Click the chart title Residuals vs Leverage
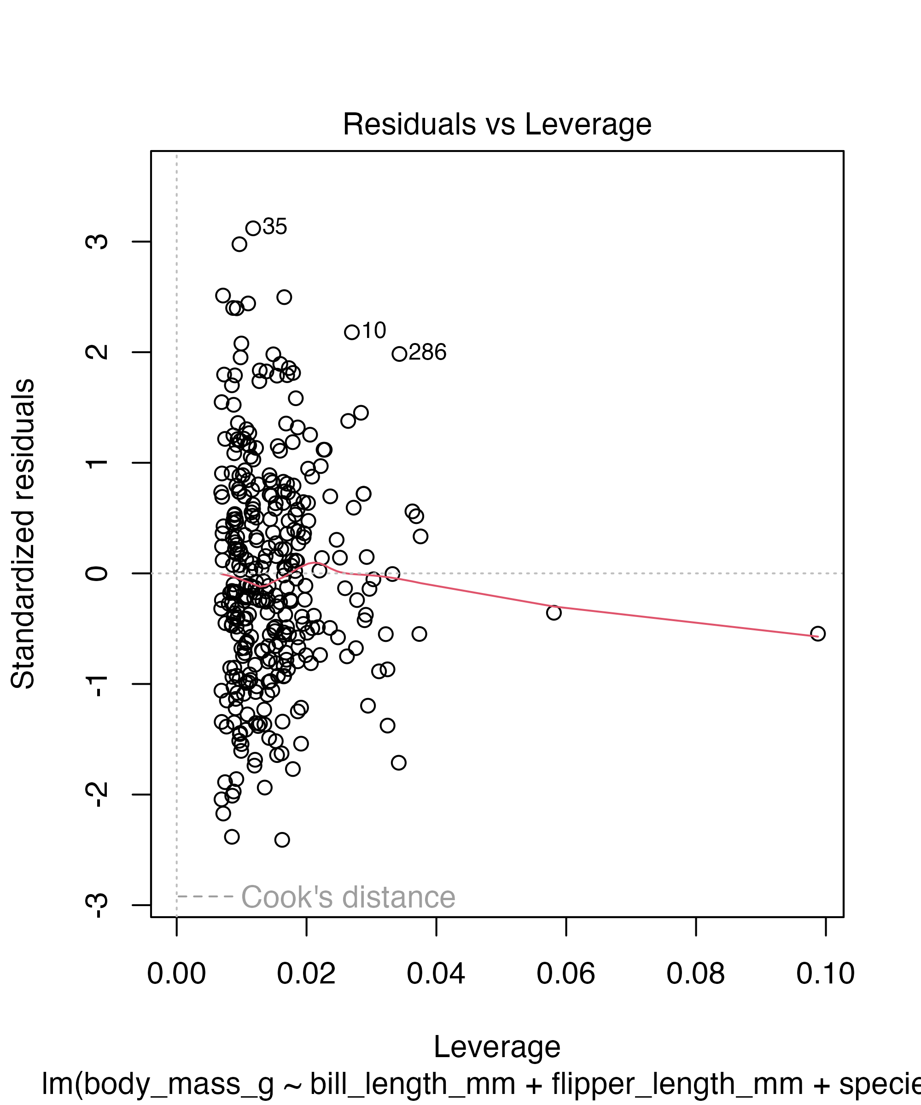497,125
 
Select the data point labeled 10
351,332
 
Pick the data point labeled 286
399,354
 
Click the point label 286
427,352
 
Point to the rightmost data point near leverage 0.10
817,634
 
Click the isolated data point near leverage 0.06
554,612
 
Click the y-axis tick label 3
97,242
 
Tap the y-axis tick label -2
97,794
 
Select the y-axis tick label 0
97,573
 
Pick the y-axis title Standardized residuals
23,534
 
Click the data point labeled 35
253,228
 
